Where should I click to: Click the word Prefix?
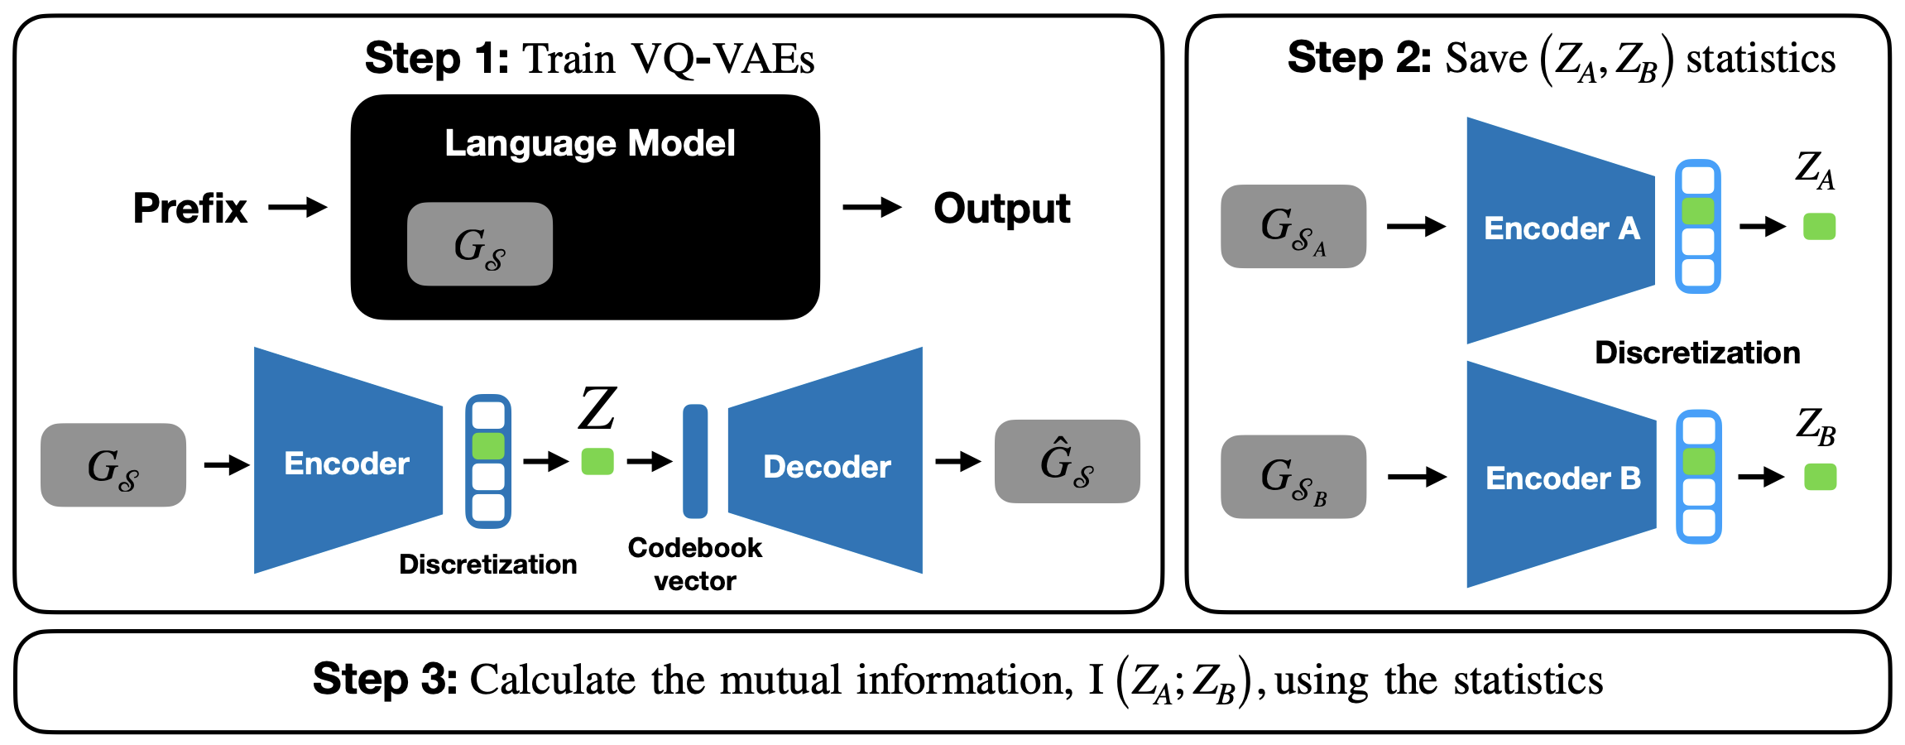tap(190, 208)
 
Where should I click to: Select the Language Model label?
tap(590, 143)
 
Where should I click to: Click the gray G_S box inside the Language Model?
tap(480, 244)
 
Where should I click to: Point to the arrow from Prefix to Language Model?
tap(298, 207)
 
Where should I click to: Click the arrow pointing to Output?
tap(872, 207)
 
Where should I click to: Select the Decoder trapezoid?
tap(825, 460)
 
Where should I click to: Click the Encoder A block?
tap(1561, 230)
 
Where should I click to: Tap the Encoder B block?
tap(1562, 474)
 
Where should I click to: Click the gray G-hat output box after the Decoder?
tap(1068, 461)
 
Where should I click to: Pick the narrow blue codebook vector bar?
tap(695, 461)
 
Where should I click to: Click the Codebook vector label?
tap(695, 564)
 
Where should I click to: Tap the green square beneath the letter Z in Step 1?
tap(597, 461)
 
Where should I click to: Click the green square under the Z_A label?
tap(1820, 226)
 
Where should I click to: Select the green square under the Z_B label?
tap(1821, 477)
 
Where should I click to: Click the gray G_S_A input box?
tap(1293, 226)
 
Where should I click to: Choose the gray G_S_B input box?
tap(1293, 477)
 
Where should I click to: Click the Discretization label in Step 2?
tap(1697, 353)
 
